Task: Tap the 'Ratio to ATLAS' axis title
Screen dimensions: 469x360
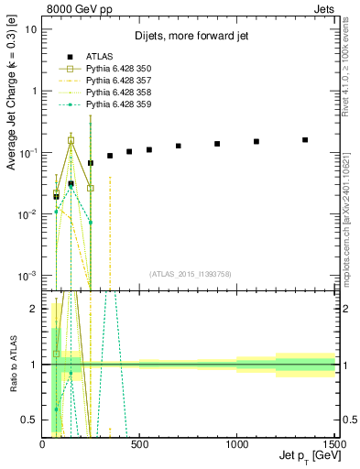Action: pyautogui.click(x=12, y=363)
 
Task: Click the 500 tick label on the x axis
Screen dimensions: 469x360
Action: pyautogui.click(x=139, y=444)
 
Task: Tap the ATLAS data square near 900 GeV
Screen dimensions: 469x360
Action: pyautogui.click(x=217, y=144)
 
